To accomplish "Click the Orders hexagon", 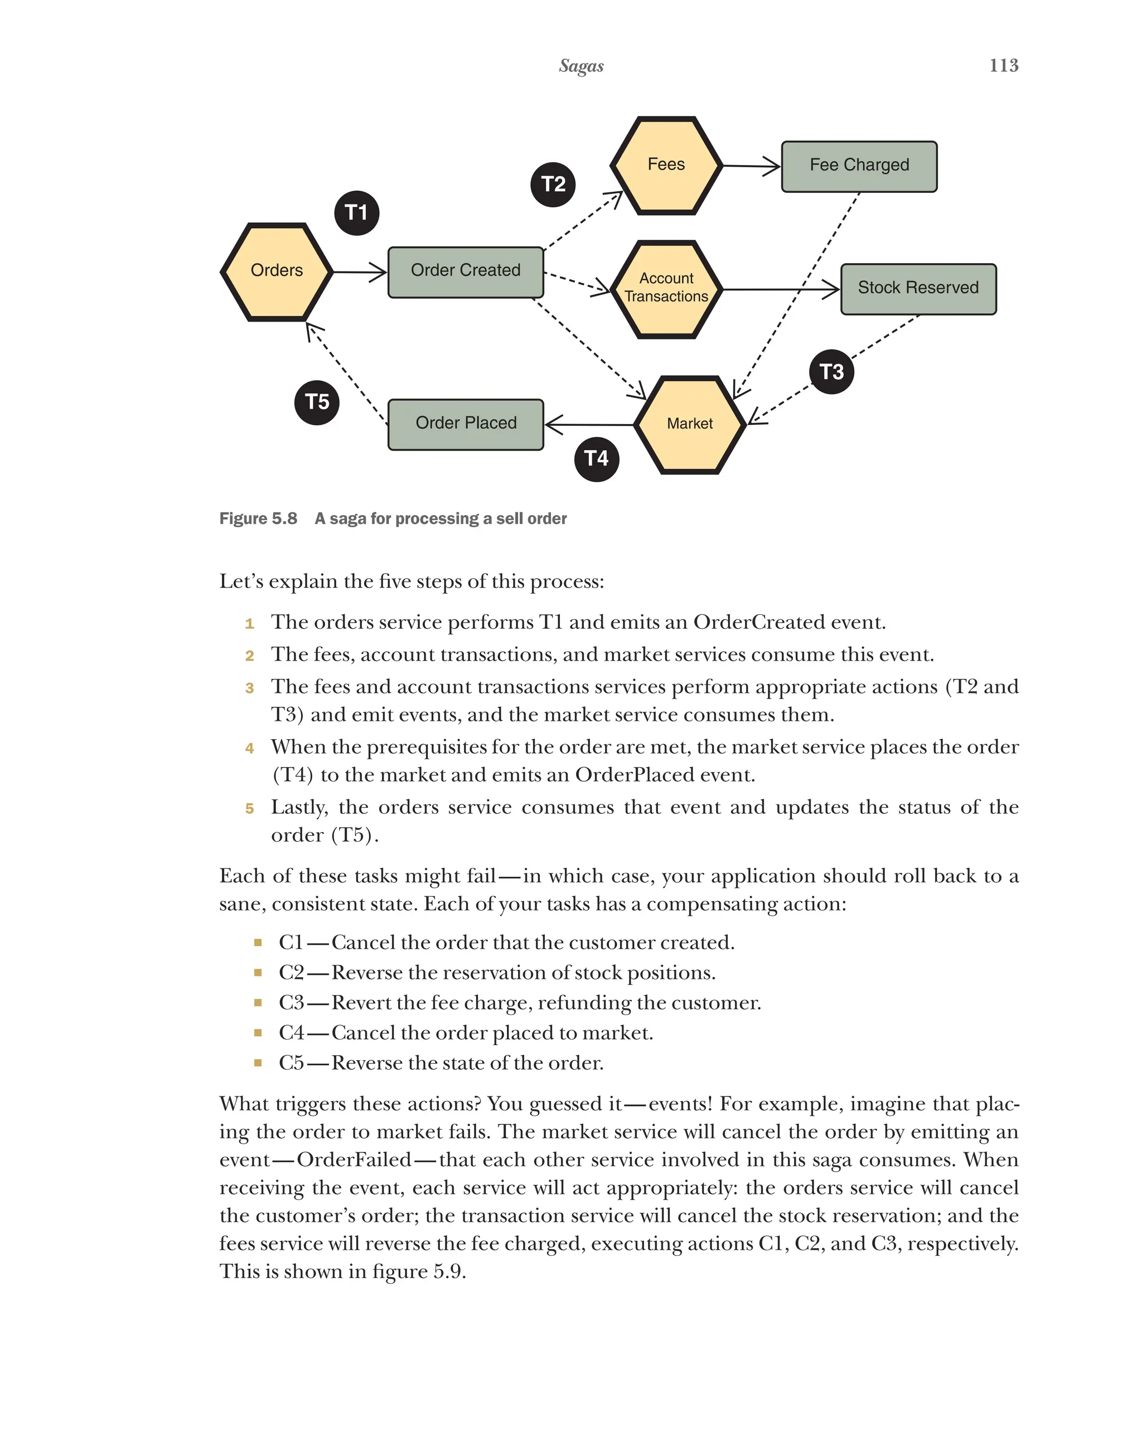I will [x=277, y=271].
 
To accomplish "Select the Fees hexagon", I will [x=666, y=166].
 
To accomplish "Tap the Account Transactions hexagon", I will [x=666, y=288].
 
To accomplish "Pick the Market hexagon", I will [x=690, y=424].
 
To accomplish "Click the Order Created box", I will [x=465, y=271].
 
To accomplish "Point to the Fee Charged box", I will [x=858, y=166].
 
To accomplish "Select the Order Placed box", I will [x=465, y=424].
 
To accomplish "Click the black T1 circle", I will [x=356, y=212].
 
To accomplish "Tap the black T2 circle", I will [x=553, y=184].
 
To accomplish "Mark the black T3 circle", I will [x=831, y=371].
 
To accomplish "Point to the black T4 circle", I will [x=596, y=458].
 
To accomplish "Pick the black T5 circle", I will [x=317, y=402].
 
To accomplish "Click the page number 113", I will [x=1003, y=65].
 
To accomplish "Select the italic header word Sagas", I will [x=580, y=66].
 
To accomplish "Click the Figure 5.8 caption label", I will [x=258, y=518].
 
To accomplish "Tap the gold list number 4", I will [x=249, y=748].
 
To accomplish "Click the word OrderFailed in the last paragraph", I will [x=354, y=1159].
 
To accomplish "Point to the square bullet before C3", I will [x=258, y=1002].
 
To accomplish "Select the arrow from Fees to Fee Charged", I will [x=751, y=166].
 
